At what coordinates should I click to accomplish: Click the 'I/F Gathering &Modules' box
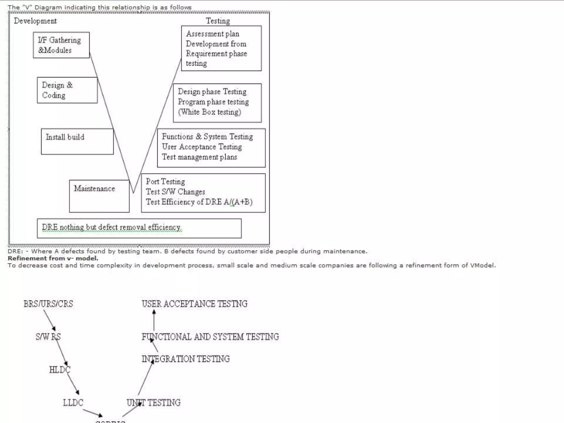tap(61, 45)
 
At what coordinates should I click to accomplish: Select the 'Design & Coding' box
tap(67, 90)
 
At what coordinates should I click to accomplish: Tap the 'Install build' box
tap(77, 142)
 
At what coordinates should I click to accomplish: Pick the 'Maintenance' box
tap(99, 196)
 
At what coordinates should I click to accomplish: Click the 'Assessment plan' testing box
tap(221, 48)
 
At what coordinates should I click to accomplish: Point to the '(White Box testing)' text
tap(209, 112)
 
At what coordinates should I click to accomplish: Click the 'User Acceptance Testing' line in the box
tap(202, 147)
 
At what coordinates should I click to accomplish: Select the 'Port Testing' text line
tap(165, 181)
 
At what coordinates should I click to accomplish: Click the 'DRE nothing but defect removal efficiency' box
tap(139, 228)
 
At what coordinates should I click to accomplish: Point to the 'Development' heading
tap(35, 21)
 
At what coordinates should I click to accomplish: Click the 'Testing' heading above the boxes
tap(218, 21)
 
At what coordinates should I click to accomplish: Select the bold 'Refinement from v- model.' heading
tap(53, 258)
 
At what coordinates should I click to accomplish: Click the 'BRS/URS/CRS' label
tap(48, 304)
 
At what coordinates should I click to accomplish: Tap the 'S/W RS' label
tap(48, 337)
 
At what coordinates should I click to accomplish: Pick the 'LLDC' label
tap(73, 403)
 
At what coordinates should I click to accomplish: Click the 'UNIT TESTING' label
tap(153, 403)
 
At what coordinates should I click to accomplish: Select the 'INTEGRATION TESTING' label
tap(186, 359)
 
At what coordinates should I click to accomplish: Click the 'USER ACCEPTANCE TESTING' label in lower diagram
tap(194, 304)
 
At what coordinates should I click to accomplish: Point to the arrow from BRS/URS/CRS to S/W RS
tap(50, 320)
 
